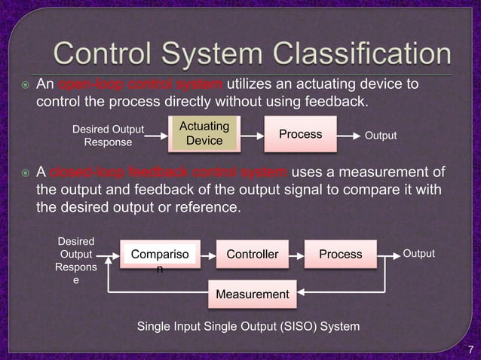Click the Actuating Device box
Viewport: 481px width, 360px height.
pyautogui.click(x=204, y=133)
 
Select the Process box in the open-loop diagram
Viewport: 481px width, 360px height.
pyautogui.click(x=300, y=134)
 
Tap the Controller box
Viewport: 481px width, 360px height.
pyautogui.click(x=253, y=255)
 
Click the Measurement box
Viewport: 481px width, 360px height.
pyautogui.click(x=253, y=293)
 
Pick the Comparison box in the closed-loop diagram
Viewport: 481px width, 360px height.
pyautogui.click(x=159, y=255)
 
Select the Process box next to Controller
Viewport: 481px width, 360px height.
pyautogui.click(x=340, y=255)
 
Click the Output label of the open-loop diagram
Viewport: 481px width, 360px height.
pyautogui.click(x=381, y=136)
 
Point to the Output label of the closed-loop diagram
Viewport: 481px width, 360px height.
pyautogui.click(x=418, y=254)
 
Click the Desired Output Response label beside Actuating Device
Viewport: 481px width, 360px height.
pyautogui.click(x=108, y=135)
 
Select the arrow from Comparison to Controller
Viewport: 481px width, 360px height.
pyautogui.click(x=205, y=255)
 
